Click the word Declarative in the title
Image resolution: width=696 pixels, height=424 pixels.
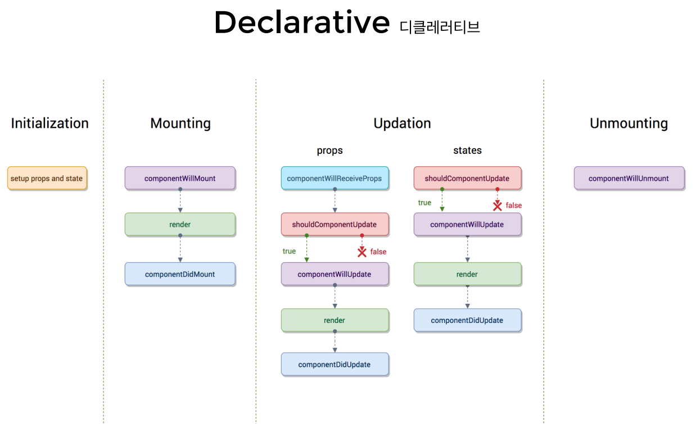point(301,23)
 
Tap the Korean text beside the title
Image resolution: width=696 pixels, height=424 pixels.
point(440,26)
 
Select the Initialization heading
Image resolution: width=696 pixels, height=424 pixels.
point(49,124)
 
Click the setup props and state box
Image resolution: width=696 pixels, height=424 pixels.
point(47,179)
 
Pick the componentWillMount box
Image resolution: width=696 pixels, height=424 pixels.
point(180,179)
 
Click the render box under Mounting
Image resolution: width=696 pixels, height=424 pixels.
point(180,225)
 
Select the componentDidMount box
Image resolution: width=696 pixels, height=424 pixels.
point(180,275)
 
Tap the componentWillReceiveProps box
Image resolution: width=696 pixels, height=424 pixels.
point(335,179)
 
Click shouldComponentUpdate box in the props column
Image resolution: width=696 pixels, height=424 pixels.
point(335,225)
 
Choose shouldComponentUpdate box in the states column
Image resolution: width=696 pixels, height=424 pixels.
point(467,179)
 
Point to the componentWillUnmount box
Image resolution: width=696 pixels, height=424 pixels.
point(629,179)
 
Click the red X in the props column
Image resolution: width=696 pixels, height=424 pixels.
point(362,252)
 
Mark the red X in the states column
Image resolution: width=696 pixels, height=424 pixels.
point(497,206)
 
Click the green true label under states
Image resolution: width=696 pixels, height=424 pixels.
point(424,203)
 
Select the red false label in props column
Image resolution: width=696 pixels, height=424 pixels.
point(378,252)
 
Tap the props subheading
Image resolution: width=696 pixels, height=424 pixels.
point(329,151)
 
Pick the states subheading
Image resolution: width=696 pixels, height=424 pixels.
point(467,151)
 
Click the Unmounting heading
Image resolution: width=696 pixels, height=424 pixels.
point(629,124)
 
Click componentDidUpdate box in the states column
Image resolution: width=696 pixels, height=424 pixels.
point(467,321)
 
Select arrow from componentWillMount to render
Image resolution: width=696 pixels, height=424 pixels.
point(180,201)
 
